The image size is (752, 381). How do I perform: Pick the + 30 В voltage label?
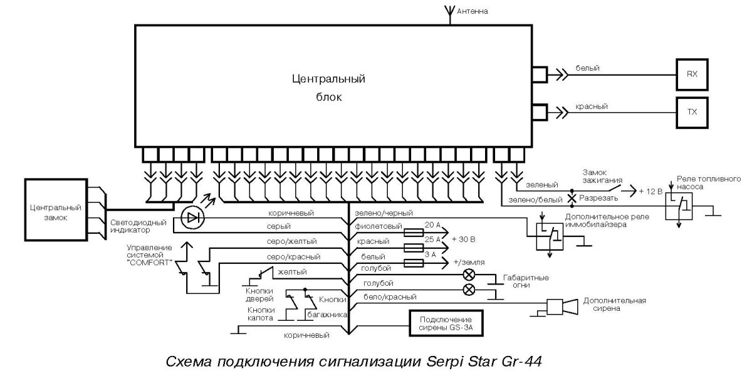(463, 239)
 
